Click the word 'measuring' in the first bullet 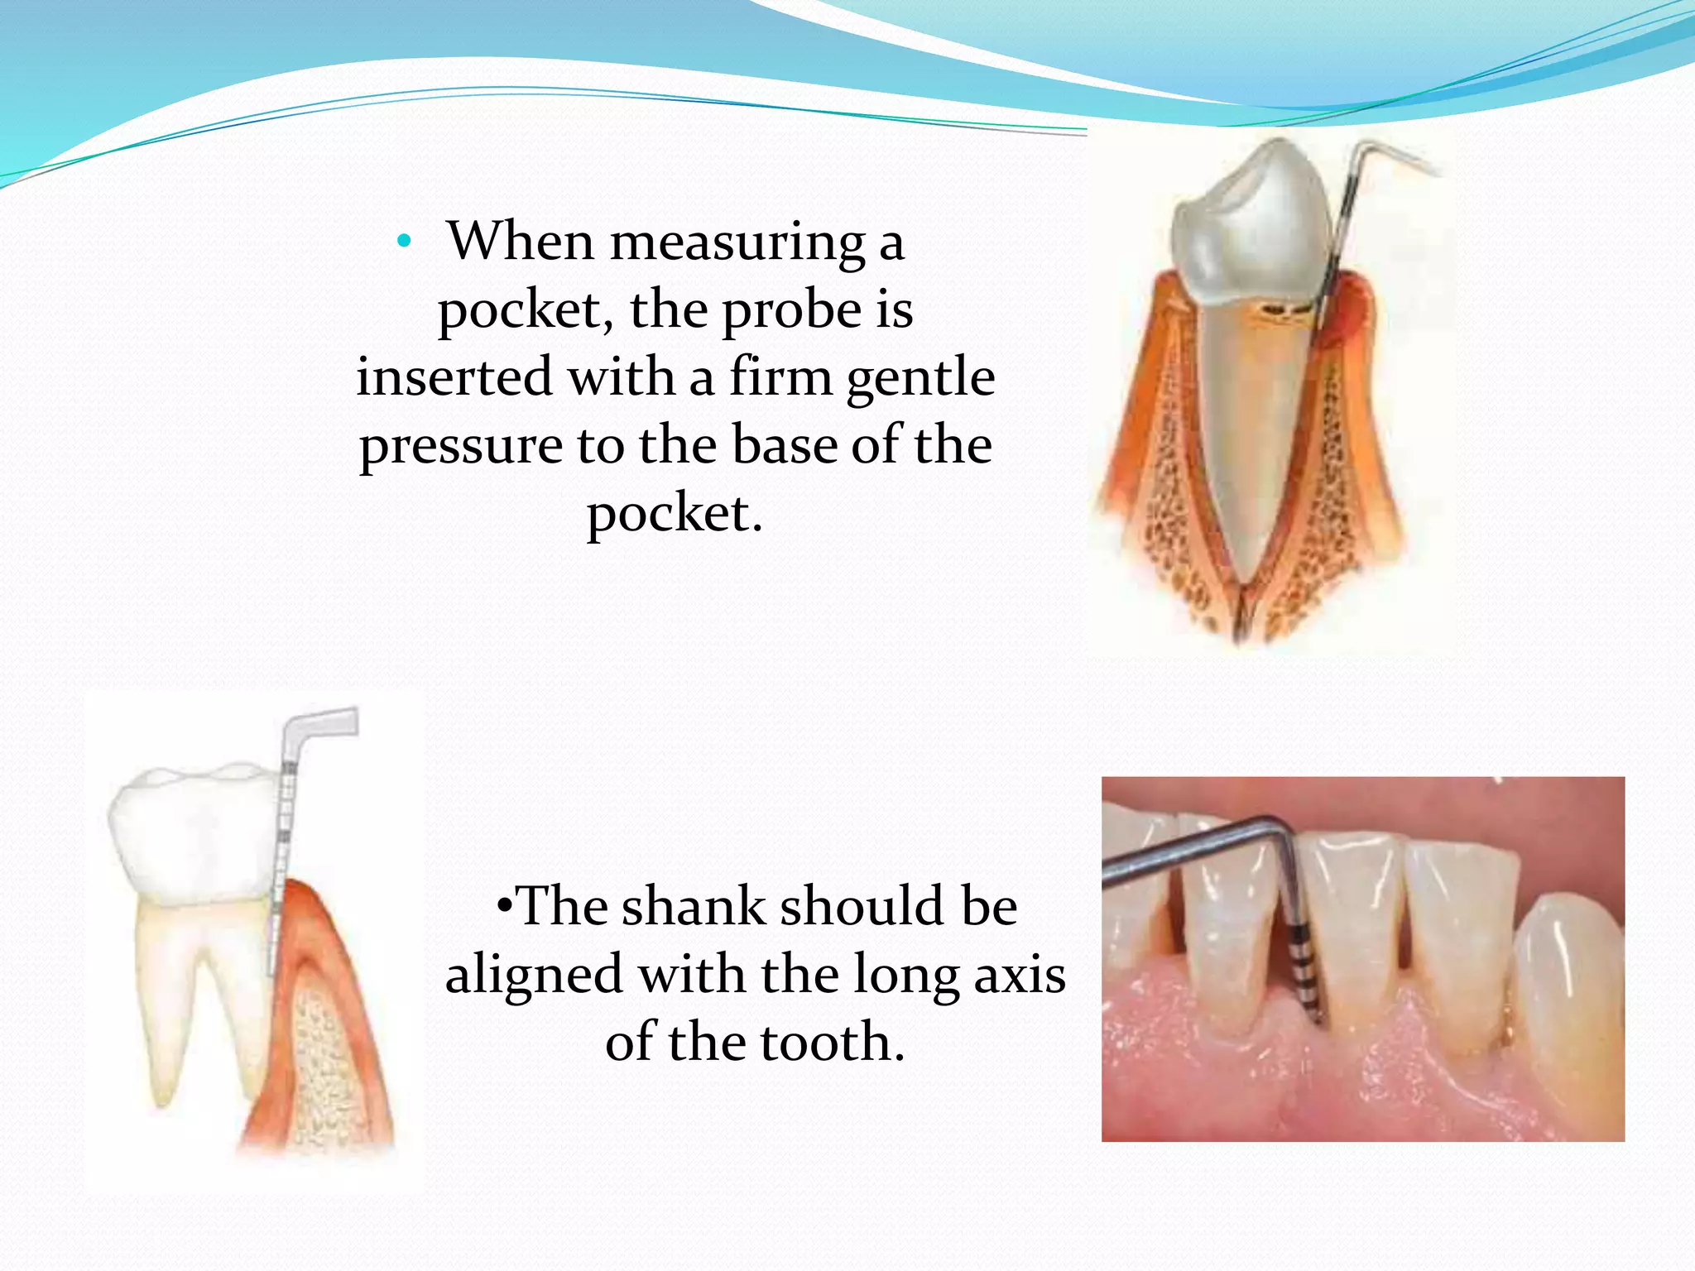click(x=737, y=242)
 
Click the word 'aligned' click(x=534, y=975)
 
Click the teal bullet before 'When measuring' click(x=404, y=242)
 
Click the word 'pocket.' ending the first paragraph click(x=675, y=515)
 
